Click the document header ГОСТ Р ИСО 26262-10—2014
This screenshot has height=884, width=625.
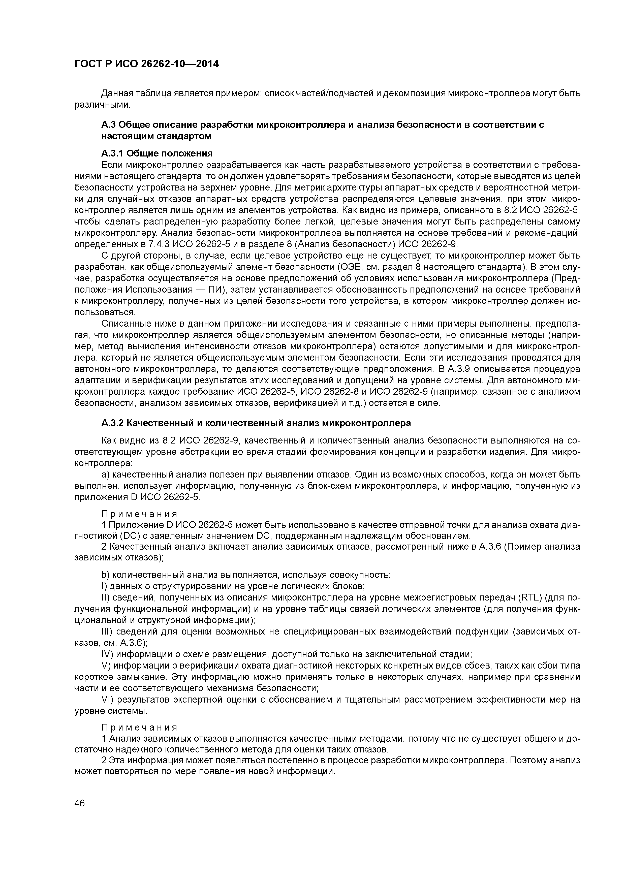pos(146,64)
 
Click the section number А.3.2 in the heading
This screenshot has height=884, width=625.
pos(112,423)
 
